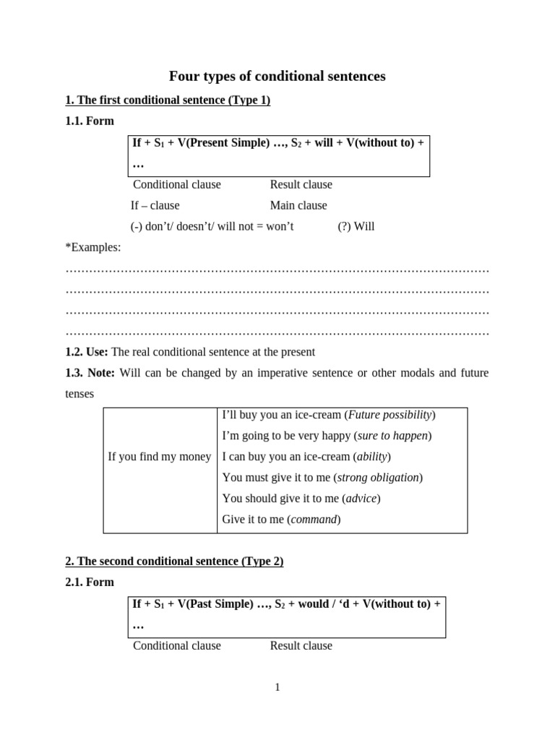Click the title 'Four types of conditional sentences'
click(x=277, y=76)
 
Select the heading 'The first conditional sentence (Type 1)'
click(x=168, y=100)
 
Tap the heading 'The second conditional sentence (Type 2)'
click(x=174, y=561)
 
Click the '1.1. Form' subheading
click(x=90, y=121)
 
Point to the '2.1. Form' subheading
click(x=90, y=582)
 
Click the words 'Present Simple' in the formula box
click(x=224, y=142)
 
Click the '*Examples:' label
click(x=93, y=247)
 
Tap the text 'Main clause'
click(x=298, y=205)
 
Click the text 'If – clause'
click(x=155, y=205)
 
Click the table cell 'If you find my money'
click(x=160, y=456)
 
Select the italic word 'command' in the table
click(x=314, y=519)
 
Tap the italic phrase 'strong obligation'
click(x=378, y=477)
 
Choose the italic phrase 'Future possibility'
click(x=390, y=414)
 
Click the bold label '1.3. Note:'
click(x=90, y=373)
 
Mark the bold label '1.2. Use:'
click(x=87, y=352)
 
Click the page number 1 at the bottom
click(x=277, y=687)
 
